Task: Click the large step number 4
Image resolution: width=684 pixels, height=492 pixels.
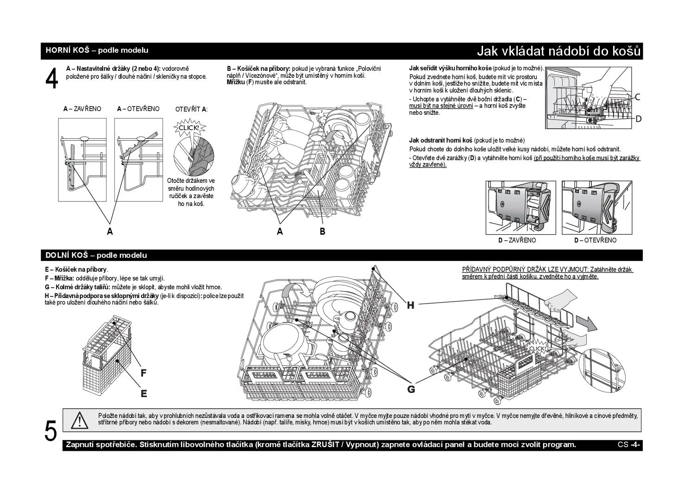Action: pos(51,79)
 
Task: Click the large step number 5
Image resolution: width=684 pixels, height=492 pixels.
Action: pos(50,431)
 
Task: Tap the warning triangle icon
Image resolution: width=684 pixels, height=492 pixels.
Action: pos(79,420)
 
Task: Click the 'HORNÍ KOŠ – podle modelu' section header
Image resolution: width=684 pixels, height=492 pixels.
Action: pos(97,50)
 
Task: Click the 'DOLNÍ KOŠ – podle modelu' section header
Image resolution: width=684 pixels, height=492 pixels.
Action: pos(96,255)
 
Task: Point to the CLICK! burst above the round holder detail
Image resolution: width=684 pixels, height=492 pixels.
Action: pos(189,128)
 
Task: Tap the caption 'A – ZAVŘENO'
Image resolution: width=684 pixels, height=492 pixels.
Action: pos(82,109)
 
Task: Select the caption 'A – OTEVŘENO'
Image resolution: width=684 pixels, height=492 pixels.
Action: pos(138,109)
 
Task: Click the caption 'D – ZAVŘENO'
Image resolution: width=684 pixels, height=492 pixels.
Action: pos(517,240)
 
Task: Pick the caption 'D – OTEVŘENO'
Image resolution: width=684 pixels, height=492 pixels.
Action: pos(595,240)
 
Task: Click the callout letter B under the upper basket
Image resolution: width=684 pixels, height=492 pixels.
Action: pos(322,232)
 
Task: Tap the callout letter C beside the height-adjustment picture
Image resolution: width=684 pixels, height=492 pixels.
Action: pos(638,97)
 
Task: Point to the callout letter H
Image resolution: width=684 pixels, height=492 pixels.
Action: pos(411,305)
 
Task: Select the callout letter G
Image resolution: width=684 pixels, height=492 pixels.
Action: pos(411,389)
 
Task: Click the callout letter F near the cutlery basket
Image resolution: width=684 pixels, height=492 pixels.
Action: pos(144,373)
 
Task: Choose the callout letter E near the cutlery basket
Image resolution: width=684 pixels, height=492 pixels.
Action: pos(144,394)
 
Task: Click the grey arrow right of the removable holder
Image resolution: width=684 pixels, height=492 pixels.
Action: pos(587,323)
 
